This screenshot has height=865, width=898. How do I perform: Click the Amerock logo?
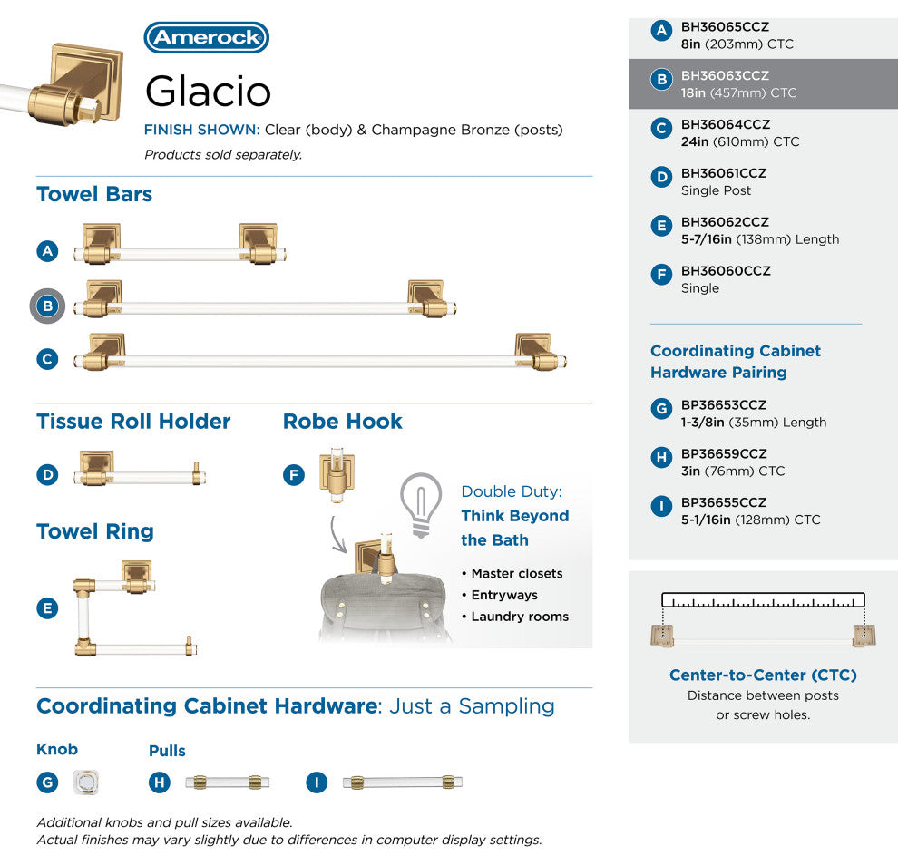point(206,37)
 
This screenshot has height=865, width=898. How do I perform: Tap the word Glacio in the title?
point(208,91)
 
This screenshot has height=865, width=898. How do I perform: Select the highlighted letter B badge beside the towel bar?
point(47,306)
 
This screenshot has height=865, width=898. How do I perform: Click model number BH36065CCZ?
point(725,27)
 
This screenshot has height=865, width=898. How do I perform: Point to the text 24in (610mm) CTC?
point(740,141)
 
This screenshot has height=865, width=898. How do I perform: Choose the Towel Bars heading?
point(94,194)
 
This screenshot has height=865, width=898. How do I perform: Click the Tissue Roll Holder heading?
point(133,422)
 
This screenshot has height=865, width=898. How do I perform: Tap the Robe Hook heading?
point(343,422)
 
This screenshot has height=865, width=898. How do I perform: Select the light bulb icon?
point(421,505)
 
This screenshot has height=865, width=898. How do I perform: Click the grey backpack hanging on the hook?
point(384,607)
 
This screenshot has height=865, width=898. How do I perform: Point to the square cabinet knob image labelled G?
point(86,782)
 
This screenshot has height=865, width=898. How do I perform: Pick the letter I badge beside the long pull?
point(317,782)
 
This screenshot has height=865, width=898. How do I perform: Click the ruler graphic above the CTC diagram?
point(763,600)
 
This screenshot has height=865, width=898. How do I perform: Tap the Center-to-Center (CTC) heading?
point(763,675)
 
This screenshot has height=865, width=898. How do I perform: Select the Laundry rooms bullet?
point(515,617)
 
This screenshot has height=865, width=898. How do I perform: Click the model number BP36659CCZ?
point(723,453)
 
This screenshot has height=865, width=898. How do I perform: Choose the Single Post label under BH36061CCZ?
point(716,190)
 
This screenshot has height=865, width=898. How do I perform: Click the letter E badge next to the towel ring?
point(47,608)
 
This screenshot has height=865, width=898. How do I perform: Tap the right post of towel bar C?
point(538,352)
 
